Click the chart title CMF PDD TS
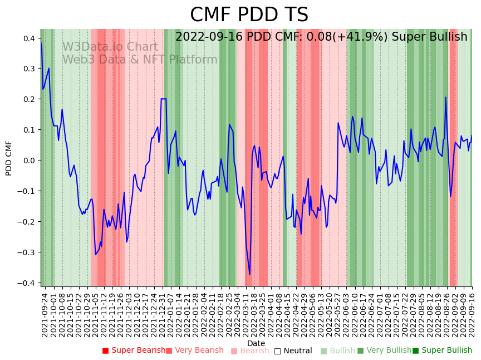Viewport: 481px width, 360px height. pyautogui.click(x=249, y=15)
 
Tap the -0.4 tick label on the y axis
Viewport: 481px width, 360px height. pyautogui.click(x=28, y=283)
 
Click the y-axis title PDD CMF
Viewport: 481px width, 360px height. pyautogui.click(x=9, y=158)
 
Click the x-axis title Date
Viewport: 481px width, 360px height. pyautogui.click(x=256, y=343)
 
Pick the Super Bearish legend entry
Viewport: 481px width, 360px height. pyautogui.click(x=134, y=351)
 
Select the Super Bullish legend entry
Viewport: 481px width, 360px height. pyautogui.click(x=442, y=351)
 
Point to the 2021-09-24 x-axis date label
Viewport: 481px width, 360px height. pyautogui.click(x=45, y=315)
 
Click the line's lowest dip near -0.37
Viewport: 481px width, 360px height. pyautogui.click(x=249, y=274)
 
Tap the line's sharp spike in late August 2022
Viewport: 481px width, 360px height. pyautogui.click(x=445, y=98)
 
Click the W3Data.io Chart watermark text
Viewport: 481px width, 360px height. pyautogui.click(x=110, y=47)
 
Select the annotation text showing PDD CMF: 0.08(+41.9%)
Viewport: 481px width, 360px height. pyautogui.click(x=321, y=37)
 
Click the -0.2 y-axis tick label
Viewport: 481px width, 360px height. pyautogui.click(x=28, y=222)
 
